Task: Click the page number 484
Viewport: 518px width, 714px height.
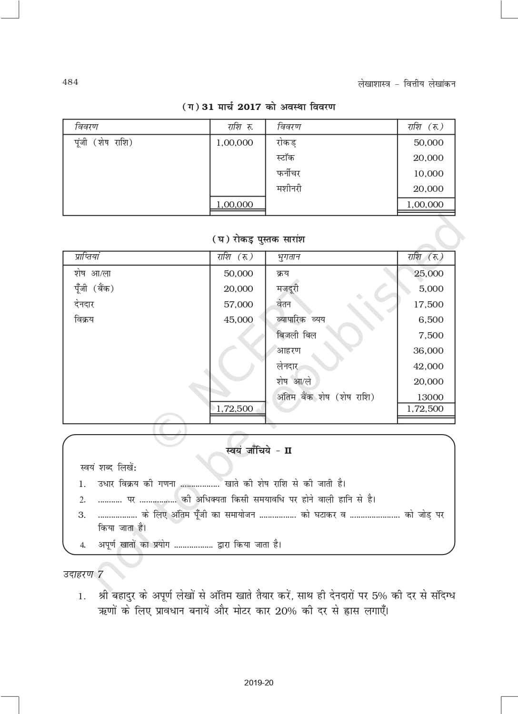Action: (x=70, y=82)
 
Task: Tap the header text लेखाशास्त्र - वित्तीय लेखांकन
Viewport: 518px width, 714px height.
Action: (x=406, y=84)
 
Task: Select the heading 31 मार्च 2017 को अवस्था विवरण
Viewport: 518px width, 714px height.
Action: (x=259, y=107)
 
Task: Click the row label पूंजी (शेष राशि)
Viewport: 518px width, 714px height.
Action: (x=103, y=142)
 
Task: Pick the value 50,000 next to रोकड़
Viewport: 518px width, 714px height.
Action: (x=428, y=142)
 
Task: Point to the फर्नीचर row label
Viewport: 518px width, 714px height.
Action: (x=288, y=173)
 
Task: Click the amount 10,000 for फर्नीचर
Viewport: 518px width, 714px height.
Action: (x=428, y=173)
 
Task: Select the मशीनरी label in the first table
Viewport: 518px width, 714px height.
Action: (x=289, y=188)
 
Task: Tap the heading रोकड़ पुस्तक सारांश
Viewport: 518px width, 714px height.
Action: (x=259, y=239)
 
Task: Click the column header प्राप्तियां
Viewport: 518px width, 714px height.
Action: (x=87, y=257)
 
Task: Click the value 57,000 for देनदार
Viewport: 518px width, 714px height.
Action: (x=238, y=304)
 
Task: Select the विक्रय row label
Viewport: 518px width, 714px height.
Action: (x=84, y=319)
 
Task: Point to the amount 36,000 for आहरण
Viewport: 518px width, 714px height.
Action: (x=428, y=351)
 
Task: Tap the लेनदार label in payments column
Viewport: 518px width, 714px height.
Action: (x=287, y=366)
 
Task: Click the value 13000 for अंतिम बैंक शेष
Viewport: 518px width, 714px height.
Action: (x=430, y=397)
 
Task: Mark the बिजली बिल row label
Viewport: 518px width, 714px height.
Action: (x=296, y=335)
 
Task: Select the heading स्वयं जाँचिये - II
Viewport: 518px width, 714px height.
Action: (x=259, y=450)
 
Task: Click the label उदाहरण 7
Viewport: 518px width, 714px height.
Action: (x=83, y=574)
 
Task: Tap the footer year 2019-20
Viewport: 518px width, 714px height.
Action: (x=259, y=683)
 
